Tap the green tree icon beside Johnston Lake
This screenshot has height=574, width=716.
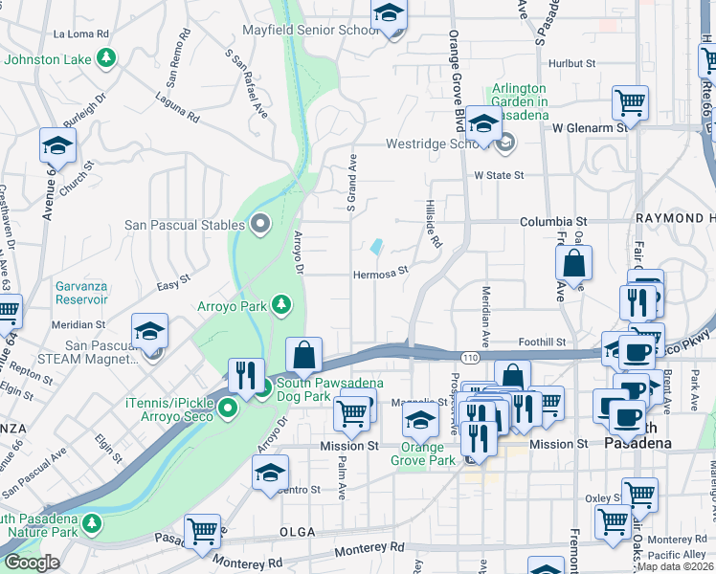tap(107, 59)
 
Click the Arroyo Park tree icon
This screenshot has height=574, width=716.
tap(281, 305)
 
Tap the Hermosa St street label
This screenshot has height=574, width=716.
tap(381, 270)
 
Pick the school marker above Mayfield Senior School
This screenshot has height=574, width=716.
tap(389, 14)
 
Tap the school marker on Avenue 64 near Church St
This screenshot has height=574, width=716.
tap(57, 146)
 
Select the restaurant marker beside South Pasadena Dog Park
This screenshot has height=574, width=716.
tap(246, 374)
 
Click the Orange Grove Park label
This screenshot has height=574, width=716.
tap(423, 453)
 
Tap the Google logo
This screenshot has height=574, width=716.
tap(32, 563)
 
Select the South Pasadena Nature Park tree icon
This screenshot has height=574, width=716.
tap(91, 523)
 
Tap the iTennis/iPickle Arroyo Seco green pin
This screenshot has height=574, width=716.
tap(227, 410)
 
